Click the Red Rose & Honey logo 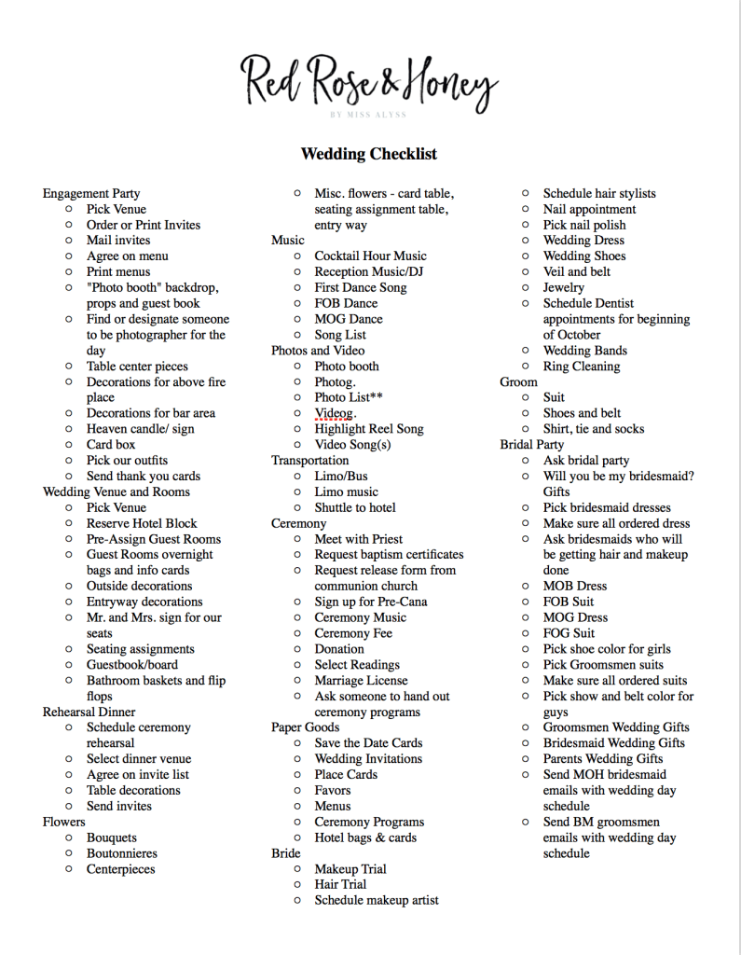pyautogui.click(x=369, y=84)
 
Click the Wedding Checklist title pyautogui.click(x=368, y=154)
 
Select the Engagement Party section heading pyautogui.click(x=91, y=194)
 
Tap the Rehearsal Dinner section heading pyautogui.click(x=89, y=712)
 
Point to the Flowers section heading pyautogui.click(x=63, y=822)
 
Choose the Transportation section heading pyautogui.click(x=310, y=461)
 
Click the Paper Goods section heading pyautogui.click(x=306, y=727)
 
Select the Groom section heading pyautogui.click(x=518, y=381)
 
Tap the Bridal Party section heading pyautogui.click(x=531, y=445)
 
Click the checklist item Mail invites pyautogui.click(x=118, y=241)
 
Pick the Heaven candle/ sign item pyautogui.click(x=141, y=429)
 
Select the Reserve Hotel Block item pyautogui.click(x=142, y=523)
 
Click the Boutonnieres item pyautogui.click(x=122, y=853)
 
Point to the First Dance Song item pyautogui.click(x=360, y=287)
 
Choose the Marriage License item pyautogui.click(x=361, y=681)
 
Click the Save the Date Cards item pyautogui.click(x=368, y=743)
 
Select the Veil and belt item pyautogui.click(x=577, y=271)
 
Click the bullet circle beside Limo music pyautogui.click(x=297, y=492)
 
